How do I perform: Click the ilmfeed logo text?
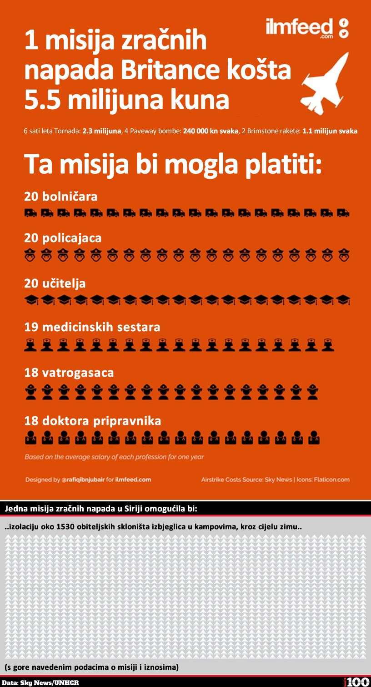pos(300,28)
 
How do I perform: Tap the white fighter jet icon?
pos(325,83)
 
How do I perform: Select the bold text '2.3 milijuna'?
pos(102,131)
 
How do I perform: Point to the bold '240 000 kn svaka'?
pos(211,131)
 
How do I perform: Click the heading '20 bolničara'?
pos(60,197)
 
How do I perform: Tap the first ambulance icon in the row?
pos(30,212)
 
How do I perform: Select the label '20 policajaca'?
pos(63,238)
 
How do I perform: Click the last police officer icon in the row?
pos(343,256)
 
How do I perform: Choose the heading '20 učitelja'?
pos(55,283)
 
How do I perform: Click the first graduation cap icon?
pos(31,300)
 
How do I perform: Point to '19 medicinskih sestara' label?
pos(92,327)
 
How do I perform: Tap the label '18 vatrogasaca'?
pos(69,373)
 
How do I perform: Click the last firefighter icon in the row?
pos(312,391)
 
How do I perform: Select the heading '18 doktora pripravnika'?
pos(92,421)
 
